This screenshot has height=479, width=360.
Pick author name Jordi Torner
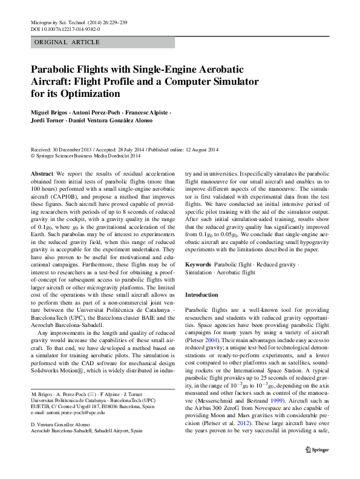point(47,121)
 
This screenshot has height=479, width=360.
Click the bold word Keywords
point(198,265)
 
